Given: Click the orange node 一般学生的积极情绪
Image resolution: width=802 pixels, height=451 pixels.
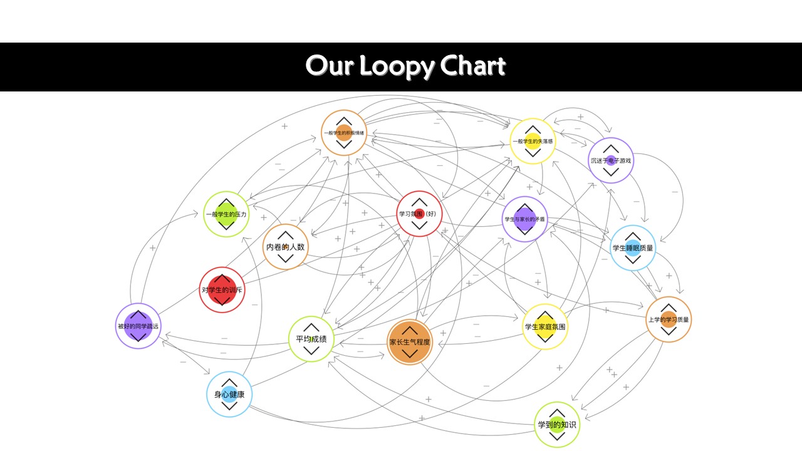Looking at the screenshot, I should (x=343, y=133).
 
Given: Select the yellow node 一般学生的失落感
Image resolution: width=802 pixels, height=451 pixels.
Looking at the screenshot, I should (x=532, y=142).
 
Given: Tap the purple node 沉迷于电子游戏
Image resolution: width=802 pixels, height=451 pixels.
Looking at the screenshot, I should (x=611, y=160).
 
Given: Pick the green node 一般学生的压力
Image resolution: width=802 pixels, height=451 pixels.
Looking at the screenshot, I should (x=226, y=214).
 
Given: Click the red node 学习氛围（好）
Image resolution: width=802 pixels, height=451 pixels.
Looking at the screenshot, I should (x=420, y=214).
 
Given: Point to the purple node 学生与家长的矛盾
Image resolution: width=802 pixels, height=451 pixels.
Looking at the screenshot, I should (x=525, y=219).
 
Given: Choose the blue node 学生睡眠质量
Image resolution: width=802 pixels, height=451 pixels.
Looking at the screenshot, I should (x=633, y=247).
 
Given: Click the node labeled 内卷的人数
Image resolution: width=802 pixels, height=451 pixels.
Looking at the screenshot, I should (x=285, y=247).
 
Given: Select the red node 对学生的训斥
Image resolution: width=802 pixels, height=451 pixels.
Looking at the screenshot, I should (x=222, y=289).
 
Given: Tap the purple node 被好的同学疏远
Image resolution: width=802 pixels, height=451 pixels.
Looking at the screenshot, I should (x=138, y=326).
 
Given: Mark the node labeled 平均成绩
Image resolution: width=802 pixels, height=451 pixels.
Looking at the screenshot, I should (x=311, y=339).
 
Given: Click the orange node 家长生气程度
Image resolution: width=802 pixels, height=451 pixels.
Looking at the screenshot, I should (x=409, y=342).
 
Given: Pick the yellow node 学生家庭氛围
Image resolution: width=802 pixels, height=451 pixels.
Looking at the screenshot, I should (x=545, y=326).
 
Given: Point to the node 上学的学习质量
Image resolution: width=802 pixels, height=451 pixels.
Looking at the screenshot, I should (x=669, y=319).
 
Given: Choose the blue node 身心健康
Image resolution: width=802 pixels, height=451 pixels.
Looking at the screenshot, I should (x=229, y=394).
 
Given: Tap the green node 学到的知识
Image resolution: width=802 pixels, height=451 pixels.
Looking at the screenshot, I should (x=557, y=425).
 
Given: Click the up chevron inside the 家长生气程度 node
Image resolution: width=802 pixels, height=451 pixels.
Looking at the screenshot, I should (x=409, y=329).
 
